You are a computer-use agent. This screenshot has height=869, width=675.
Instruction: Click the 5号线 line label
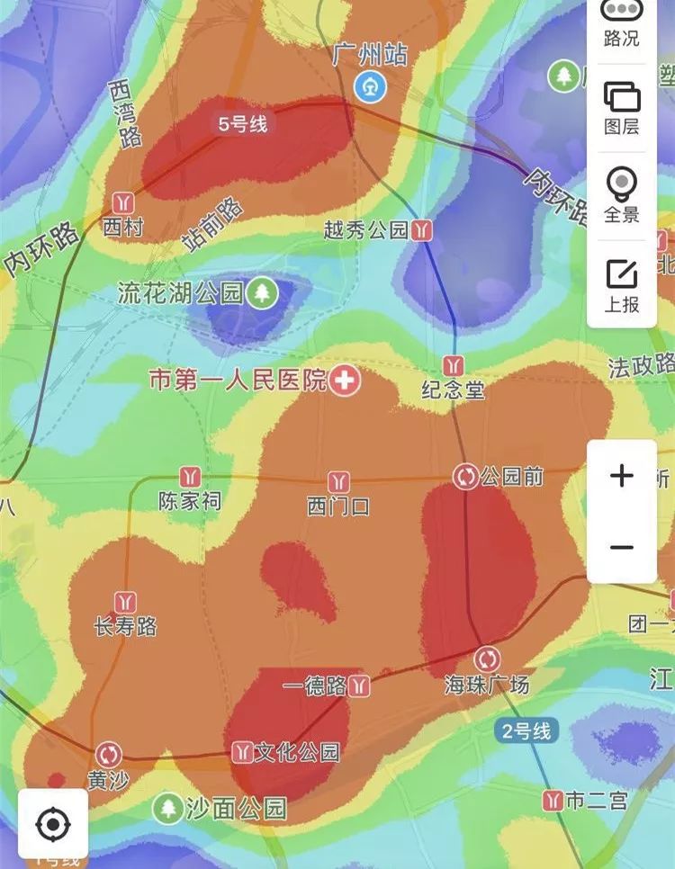tap(242, 124)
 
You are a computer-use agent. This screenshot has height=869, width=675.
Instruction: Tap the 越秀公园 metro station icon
tap(421, 230)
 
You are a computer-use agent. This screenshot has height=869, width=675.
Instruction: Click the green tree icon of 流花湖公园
tap(262, 292)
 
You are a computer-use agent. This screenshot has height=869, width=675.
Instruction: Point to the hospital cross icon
tap(344, 381)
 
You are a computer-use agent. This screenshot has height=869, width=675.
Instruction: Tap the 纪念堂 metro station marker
tap(454, 364)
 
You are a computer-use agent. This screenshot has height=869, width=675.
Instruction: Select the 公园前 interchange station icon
tap(466, 476)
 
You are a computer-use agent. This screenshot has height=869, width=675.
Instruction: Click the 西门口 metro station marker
tap(338, 481)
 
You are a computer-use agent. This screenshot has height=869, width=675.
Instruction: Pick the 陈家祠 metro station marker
tap(190, 476)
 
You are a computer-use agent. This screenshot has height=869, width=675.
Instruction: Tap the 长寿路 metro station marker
tap(126, 601)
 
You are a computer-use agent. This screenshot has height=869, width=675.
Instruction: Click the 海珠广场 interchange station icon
tap(487, 658)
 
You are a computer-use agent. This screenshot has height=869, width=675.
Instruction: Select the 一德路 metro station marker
tap(360, 685)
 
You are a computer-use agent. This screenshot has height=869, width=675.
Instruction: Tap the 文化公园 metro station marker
tap(241, 751)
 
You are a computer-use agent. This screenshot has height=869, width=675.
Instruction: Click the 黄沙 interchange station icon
tap(109, 754)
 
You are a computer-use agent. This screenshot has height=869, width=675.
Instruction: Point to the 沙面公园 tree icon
tap(167, 808)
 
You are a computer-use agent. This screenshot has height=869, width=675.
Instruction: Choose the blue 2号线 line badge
tap(523, 730)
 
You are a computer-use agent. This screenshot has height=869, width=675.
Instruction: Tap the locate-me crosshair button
tap(52, 822)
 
